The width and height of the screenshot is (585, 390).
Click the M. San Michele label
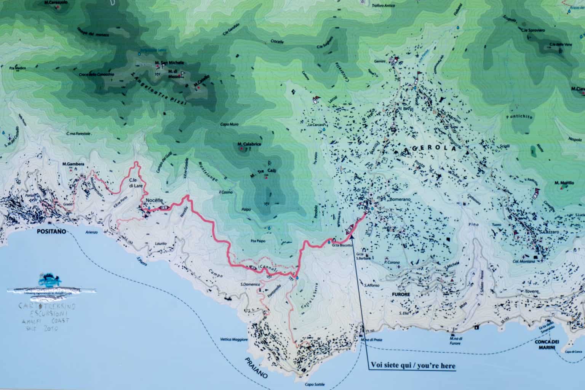pos(169,62)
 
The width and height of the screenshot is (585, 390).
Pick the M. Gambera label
pos(73,164)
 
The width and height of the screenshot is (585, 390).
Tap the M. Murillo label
pos(564,183)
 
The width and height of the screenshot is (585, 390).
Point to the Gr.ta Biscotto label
pos(341,246)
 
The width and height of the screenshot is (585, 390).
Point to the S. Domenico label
pos(250,284)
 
